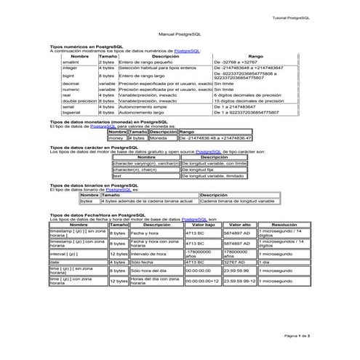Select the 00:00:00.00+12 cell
pyautogui.click(x=201, y=280)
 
